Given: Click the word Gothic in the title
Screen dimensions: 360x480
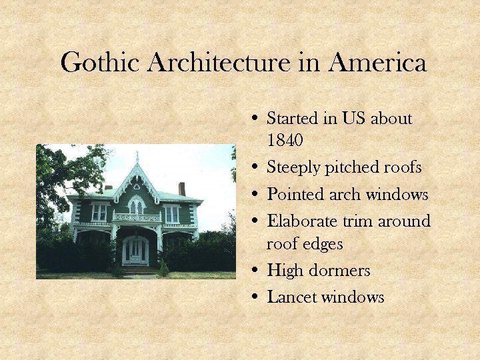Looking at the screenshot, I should [x=101, y=63].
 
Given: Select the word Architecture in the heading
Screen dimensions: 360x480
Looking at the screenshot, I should [x=220, y=63].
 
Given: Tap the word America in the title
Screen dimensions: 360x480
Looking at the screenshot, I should [x=377, y=63].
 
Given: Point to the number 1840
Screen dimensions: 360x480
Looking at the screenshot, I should [x=285, y=141].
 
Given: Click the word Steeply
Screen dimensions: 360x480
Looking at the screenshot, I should [x=293, y=168].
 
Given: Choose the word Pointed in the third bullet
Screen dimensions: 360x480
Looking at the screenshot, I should [x=295, y=195].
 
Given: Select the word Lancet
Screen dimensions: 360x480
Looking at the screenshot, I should [x=291, y=297].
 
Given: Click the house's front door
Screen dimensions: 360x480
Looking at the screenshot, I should [x=136, y=251].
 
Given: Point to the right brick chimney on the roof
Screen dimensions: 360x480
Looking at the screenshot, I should [x=182, y=189].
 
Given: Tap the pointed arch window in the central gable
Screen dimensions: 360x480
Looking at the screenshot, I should [x=136, y=205].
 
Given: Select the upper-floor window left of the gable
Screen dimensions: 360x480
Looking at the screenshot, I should [x=99, y=213].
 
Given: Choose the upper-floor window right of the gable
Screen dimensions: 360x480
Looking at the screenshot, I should [x=171, y=213].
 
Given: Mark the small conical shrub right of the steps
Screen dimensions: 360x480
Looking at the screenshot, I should [x=163, y=268].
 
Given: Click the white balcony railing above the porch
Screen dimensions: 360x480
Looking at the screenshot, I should [x=137, y=217].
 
